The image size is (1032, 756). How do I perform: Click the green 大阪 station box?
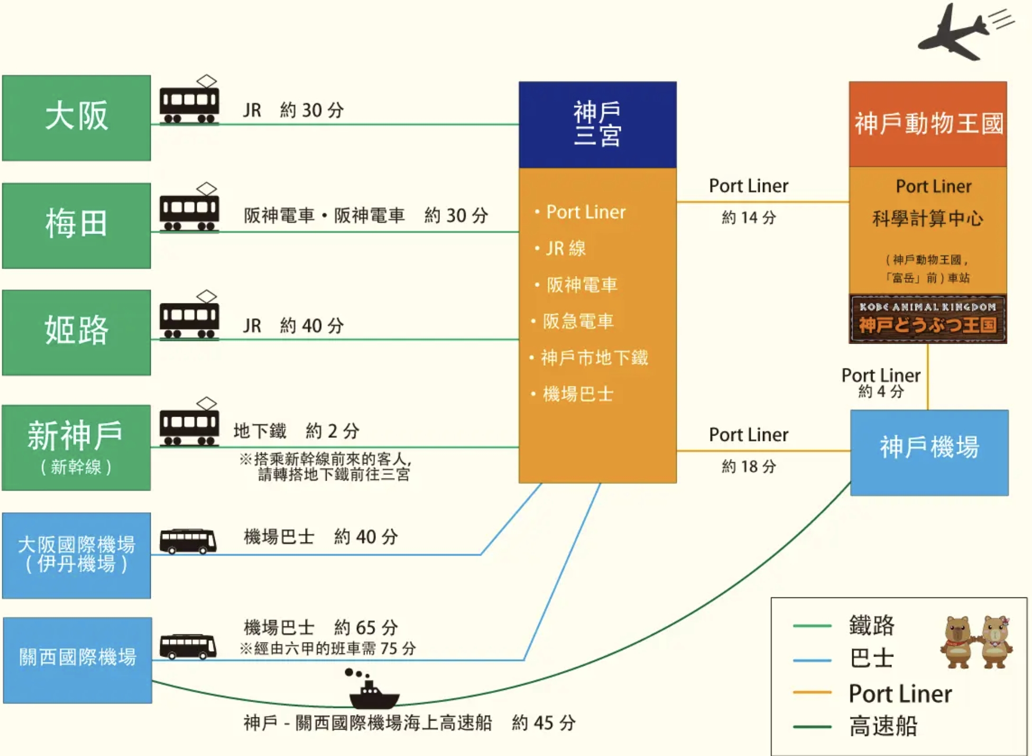(76, 117)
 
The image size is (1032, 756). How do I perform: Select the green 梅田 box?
(76, 225)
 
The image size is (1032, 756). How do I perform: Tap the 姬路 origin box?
(76, 332)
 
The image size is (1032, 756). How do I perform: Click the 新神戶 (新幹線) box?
(76, 447)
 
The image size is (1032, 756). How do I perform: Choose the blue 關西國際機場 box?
(77, 660)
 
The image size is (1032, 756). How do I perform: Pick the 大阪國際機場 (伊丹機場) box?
(76, 555)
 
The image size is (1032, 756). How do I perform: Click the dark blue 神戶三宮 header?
(597, 125)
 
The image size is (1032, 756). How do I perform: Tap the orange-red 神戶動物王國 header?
(928, 124)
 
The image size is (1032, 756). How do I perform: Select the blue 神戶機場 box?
(929, 453)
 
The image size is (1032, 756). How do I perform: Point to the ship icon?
(373, 692)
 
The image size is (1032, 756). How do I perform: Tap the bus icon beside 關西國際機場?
(188, 647)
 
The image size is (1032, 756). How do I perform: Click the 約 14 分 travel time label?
(749, 217)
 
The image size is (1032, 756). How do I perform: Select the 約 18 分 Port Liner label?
(749, 466)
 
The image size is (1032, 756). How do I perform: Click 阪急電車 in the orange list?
(578, 321)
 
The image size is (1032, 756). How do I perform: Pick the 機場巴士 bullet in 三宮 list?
(578, 394)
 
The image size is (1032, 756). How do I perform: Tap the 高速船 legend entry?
(883, 726)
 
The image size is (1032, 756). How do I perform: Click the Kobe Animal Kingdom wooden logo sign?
(928, 319)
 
